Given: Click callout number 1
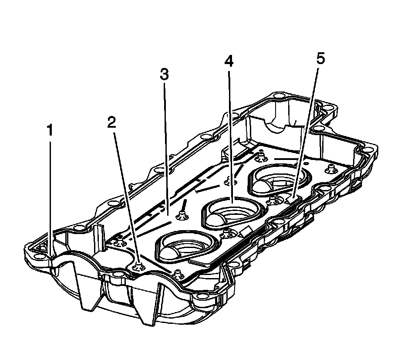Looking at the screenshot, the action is point(50,130).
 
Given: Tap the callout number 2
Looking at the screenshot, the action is point(112,122).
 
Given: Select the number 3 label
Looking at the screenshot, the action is point(164,75).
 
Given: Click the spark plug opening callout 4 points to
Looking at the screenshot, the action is point(233,211).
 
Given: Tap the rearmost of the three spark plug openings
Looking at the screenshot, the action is point(279,179).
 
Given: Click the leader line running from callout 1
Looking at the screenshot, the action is point(51,196).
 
